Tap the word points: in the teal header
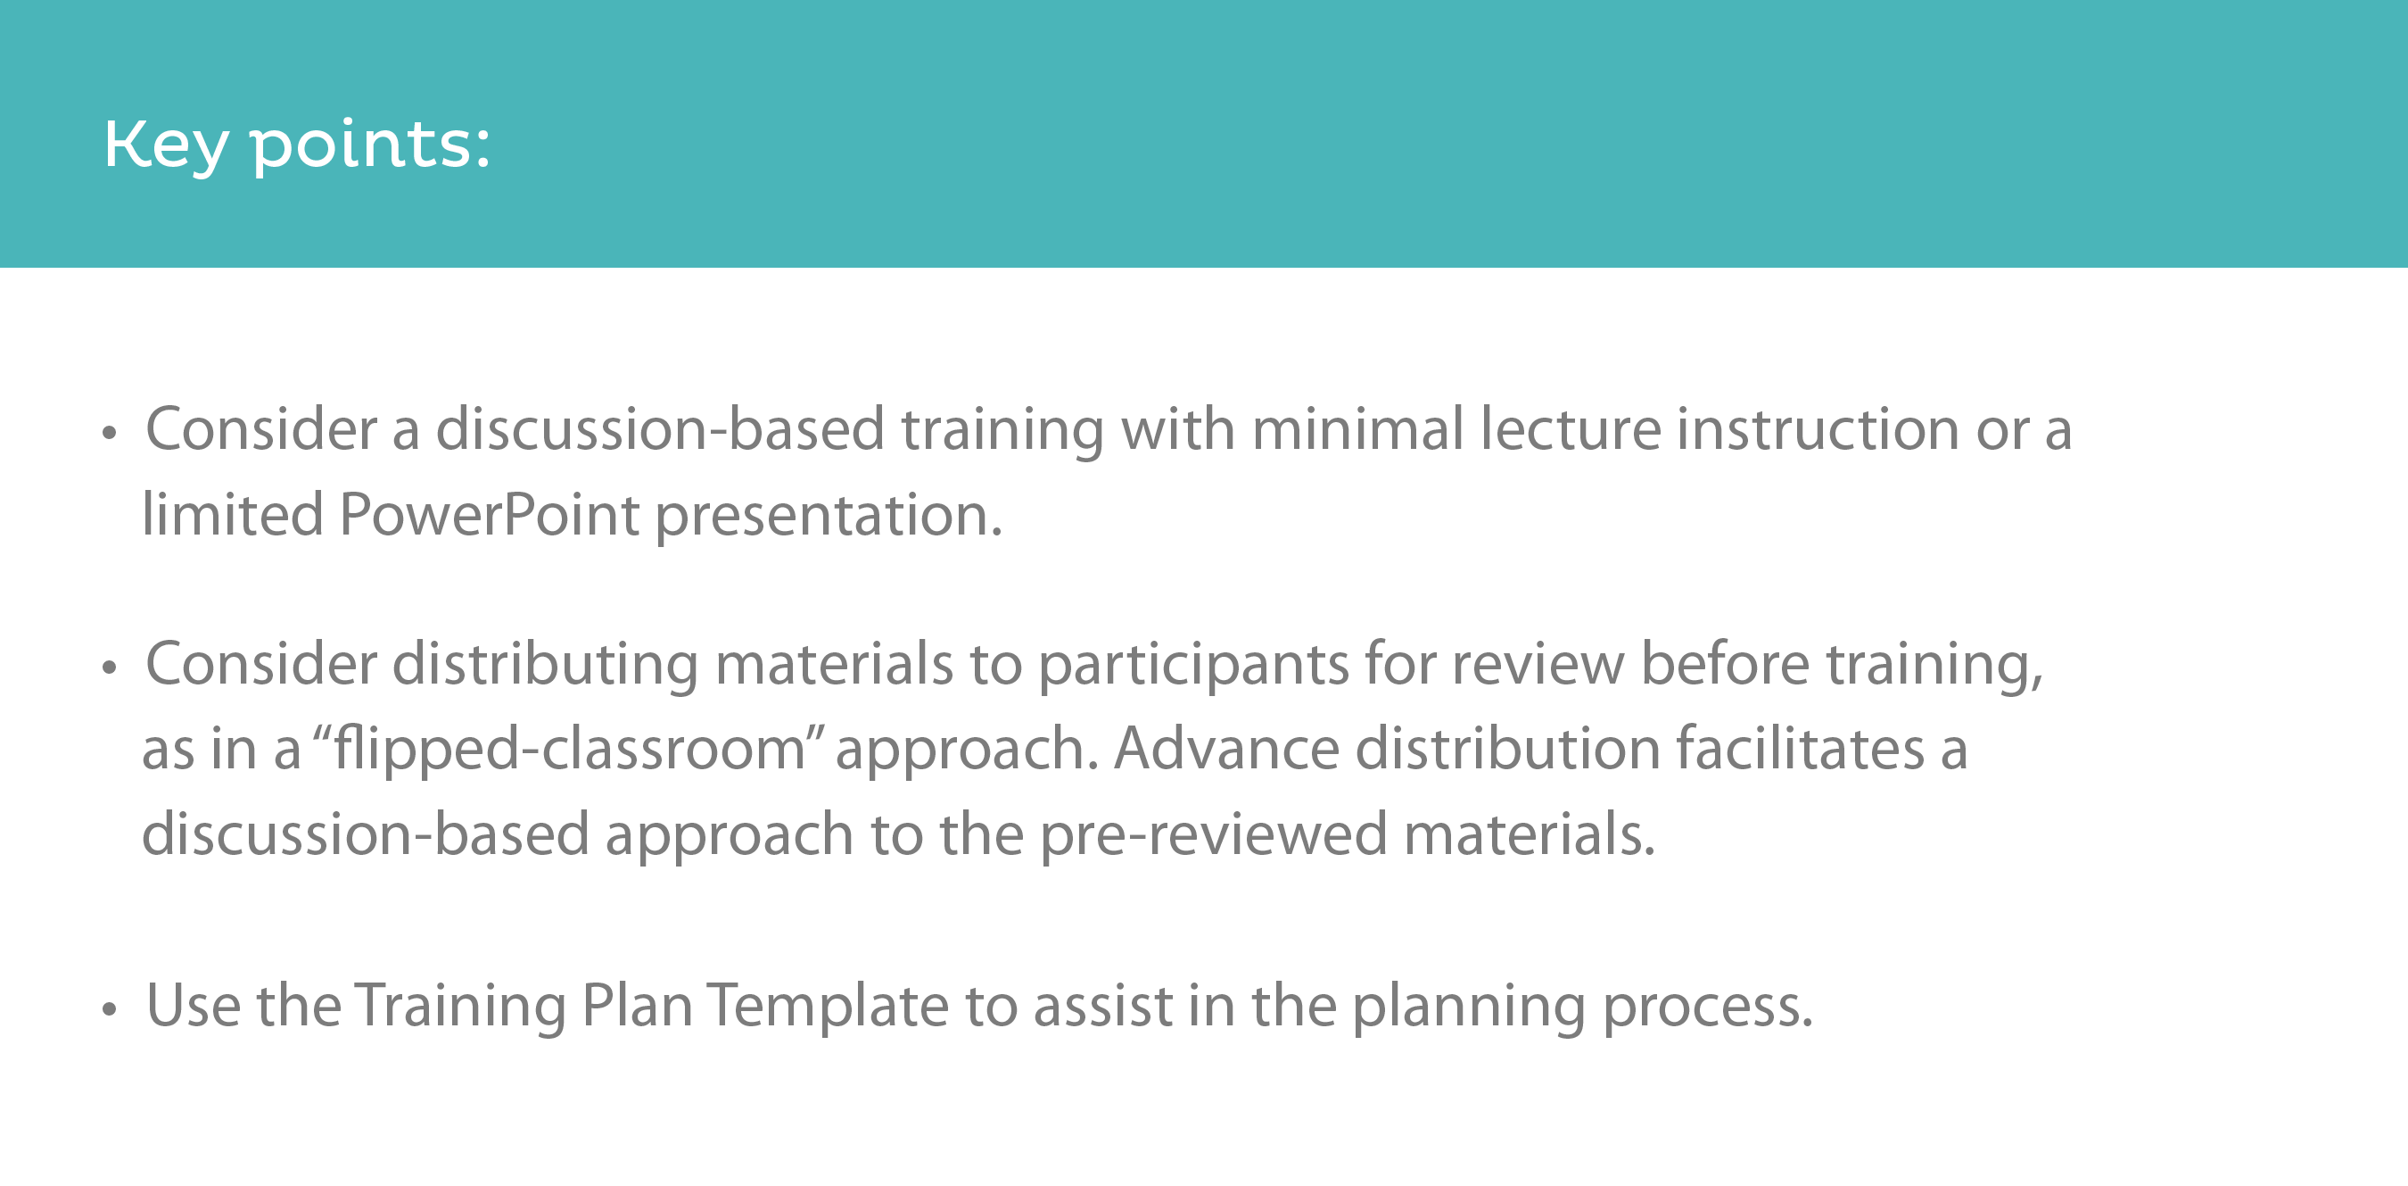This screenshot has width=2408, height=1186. [370, 146]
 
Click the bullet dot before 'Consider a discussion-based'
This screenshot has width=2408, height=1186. [110, 433]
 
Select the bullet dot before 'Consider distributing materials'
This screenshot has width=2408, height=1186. [110, 668]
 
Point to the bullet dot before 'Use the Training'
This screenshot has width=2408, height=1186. [110, 1009]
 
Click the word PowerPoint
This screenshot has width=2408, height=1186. [489, 516]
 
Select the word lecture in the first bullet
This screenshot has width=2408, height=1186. [1570, 429]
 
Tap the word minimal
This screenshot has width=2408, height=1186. [1357, 429]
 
